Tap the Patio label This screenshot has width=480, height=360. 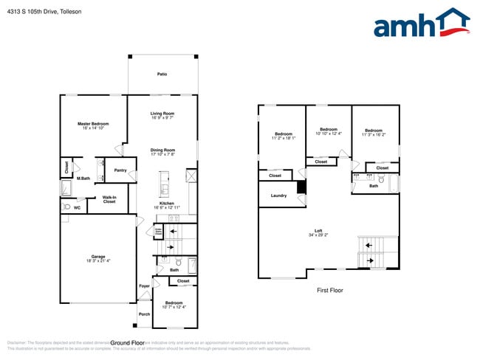coord(162,74)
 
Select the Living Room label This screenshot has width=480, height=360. coord(162,115)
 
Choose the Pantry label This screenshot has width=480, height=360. coord(120,170)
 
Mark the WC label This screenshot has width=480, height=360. coord(77,208)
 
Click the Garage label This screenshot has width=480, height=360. coord(97,258)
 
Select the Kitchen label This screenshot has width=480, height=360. coord(167,206)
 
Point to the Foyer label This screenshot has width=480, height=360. coord(145,285)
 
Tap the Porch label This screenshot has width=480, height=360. coord(145,314)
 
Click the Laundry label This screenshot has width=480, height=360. coord(278,195)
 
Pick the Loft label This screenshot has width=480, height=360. coord(318,232)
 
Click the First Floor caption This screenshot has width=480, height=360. coord(330,290)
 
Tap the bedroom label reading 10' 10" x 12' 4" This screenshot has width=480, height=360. coord(329,131)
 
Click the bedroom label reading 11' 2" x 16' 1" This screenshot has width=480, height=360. coord(283,136)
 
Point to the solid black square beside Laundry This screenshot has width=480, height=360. coord(301,187)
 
